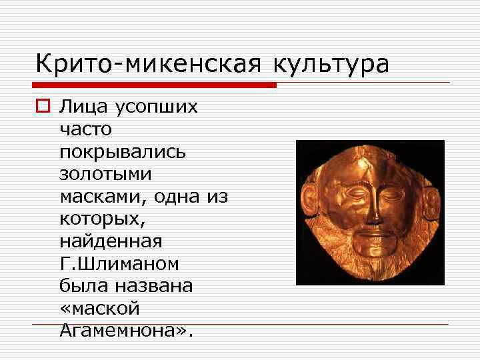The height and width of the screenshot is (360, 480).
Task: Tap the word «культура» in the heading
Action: (330, 64)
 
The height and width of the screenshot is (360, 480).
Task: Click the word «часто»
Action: (86, 129)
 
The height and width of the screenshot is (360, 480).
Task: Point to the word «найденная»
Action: (110, 241)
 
